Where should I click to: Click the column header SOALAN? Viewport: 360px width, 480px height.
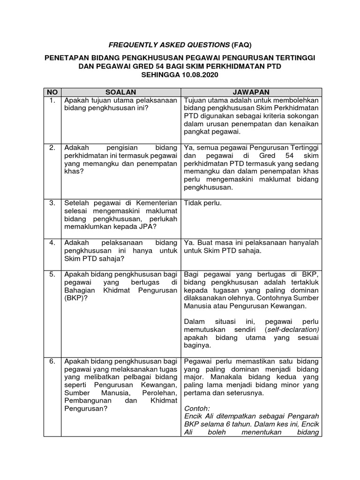120,92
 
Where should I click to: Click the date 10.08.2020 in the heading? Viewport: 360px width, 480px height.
198,75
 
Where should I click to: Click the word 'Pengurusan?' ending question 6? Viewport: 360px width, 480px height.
86,408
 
